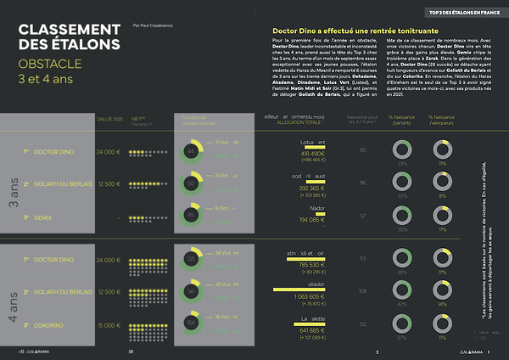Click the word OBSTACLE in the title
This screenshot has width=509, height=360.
tap(50, 64)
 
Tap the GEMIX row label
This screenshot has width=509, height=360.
tap(43, 217)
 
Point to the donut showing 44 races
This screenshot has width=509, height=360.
tap(191, 150)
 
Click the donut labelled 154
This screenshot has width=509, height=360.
tap(191, 323)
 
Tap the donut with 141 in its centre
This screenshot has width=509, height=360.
tap(191, 290)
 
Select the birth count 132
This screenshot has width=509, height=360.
tap(363, 323)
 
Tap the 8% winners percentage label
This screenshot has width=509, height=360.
tap(441, 195)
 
